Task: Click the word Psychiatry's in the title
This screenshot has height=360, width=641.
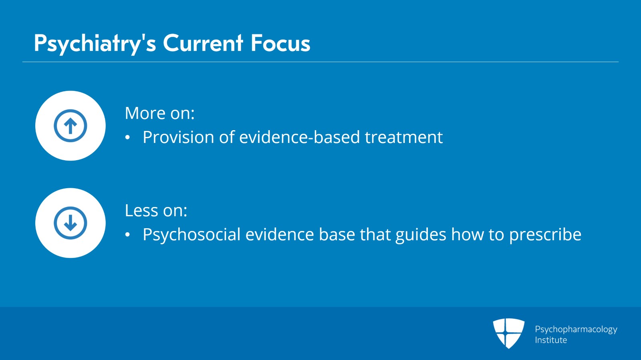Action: pos(95,44)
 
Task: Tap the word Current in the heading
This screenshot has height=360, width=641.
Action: pos(203,43)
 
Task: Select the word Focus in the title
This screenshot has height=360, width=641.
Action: pos(280,43)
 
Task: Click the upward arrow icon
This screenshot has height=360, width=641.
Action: pos(71,125)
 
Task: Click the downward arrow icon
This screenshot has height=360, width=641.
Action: pos(71,223)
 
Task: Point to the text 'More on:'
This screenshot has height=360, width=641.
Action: pos(160,113)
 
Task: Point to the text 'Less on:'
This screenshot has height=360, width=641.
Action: pos(156,211)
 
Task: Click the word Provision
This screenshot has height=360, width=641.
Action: pos(178,137)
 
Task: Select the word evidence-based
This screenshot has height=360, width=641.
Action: pos(299,137)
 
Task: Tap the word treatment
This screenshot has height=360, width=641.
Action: pos(404,137)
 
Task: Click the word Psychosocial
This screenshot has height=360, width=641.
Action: pos(191,235)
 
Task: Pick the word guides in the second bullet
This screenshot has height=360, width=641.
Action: pos(421,235)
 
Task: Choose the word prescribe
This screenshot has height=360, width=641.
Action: pos(545,235)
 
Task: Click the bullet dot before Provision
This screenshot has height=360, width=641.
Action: pos(128,137)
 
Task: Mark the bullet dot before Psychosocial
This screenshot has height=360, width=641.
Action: pos(128,235)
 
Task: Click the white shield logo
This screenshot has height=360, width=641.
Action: pos(508,334)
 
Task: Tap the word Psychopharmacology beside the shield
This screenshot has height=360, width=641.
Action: pos(576,330)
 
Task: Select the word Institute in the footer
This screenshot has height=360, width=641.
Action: pos(551,340)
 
